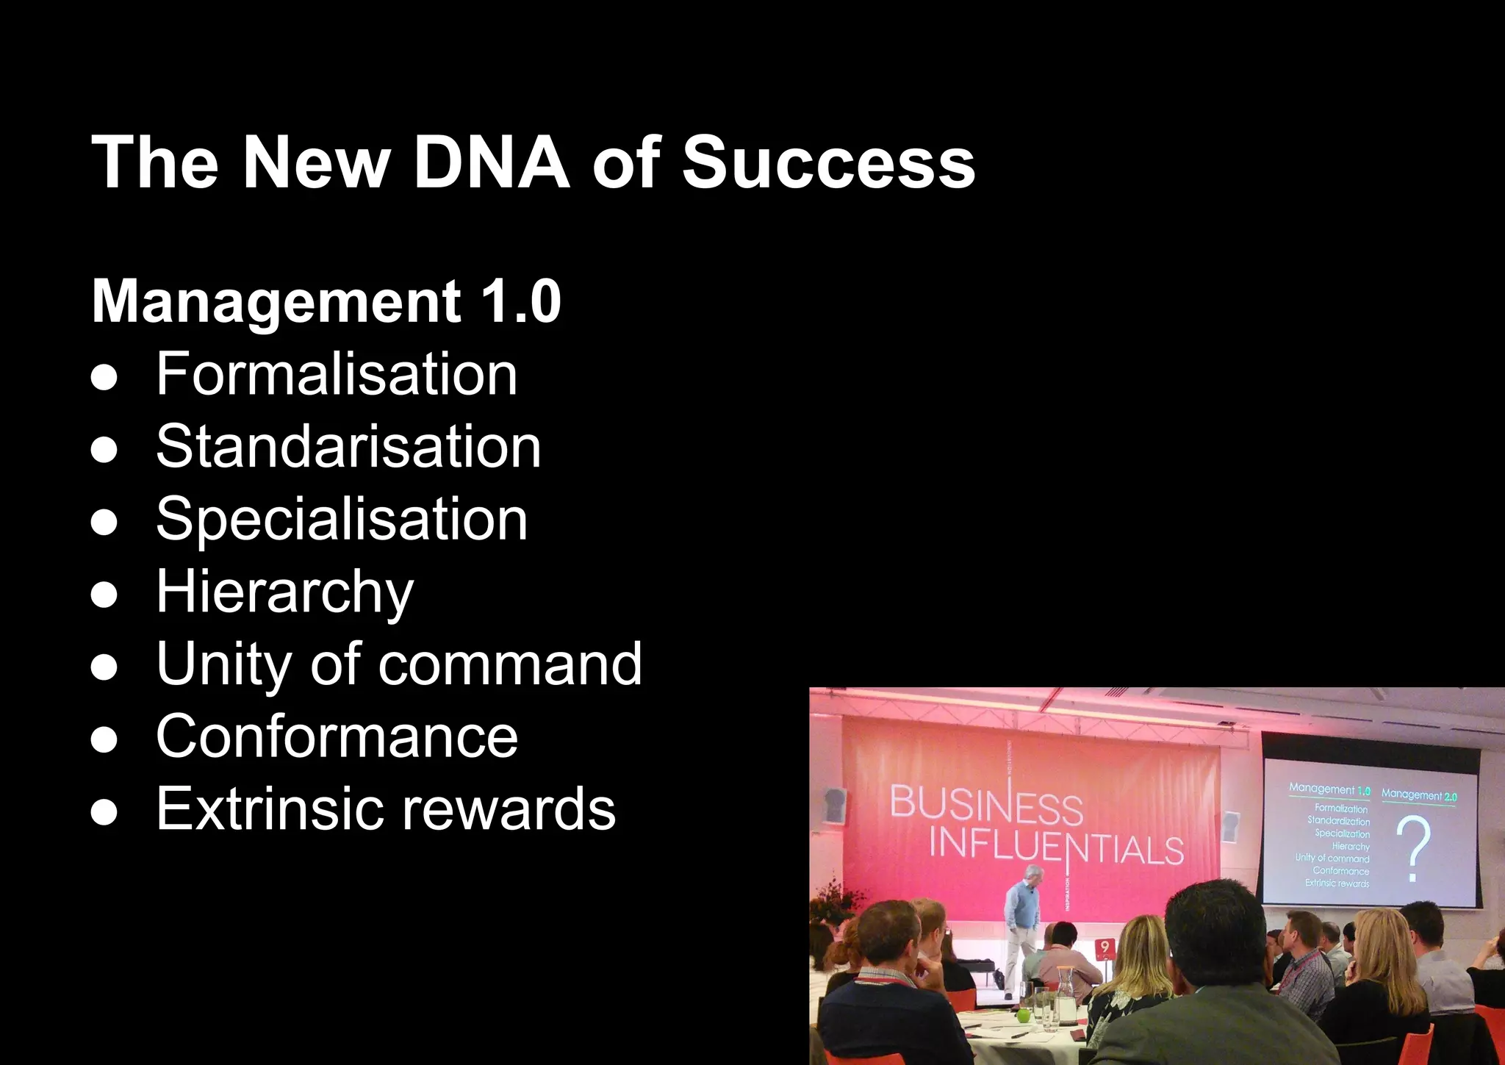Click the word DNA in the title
click(x=491, y=162)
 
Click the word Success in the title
click(x=828, y=162)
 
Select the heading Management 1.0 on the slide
click(x=326, y=301)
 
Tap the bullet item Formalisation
click(x=337, y=374)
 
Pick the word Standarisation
click(x=348, y=447)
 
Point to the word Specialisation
click(x=342, y=519)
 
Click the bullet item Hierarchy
click(x=284, y=592)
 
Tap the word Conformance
click(x=337, y=736)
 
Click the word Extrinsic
click(x=268, y=808)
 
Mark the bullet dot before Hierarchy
click(x=104, y=593)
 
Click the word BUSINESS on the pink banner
click(x=986, y=805)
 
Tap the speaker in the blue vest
click(x=1023, y=911)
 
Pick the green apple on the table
click(x=1023, y=1015)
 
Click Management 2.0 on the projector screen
click(x=1418, y=795)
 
